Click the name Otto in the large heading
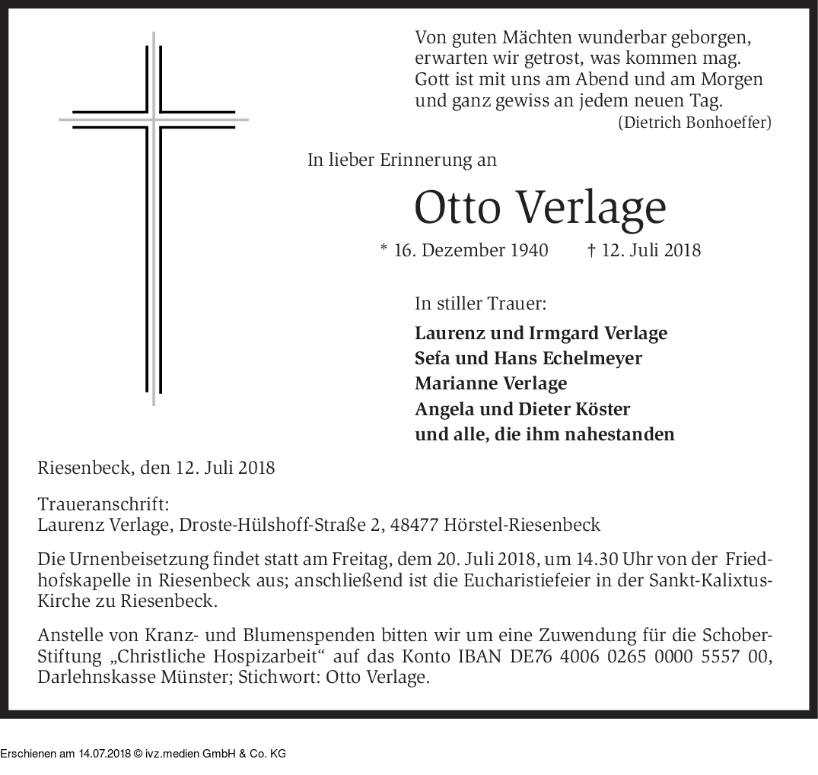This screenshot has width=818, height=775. (459, 207)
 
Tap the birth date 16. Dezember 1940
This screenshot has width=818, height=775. (471, 250)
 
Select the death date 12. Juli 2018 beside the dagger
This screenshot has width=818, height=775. (651, 250)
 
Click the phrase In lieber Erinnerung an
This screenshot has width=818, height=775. (402, 160)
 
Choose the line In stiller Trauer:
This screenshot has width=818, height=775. (480, 303)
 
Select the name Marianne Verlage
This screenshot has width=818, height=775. (491, 383)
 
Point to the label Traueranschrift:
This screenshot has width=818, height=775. (103, 504)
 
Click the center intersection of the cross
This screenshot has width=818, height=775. (154, 120)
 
